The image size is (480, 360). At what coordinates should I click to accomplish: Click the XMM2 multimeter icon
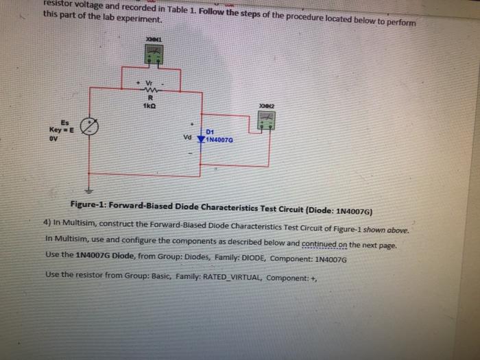[x=265, y=120]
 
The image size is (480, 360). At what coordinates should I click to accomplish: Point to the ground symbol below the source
[x=88, y=190]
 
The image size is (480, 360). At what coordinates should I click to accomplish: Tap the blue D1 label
[x=211, y=130]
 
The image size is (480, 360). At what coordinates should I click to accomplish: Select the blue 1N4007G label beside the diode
[x=221, y=139]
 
